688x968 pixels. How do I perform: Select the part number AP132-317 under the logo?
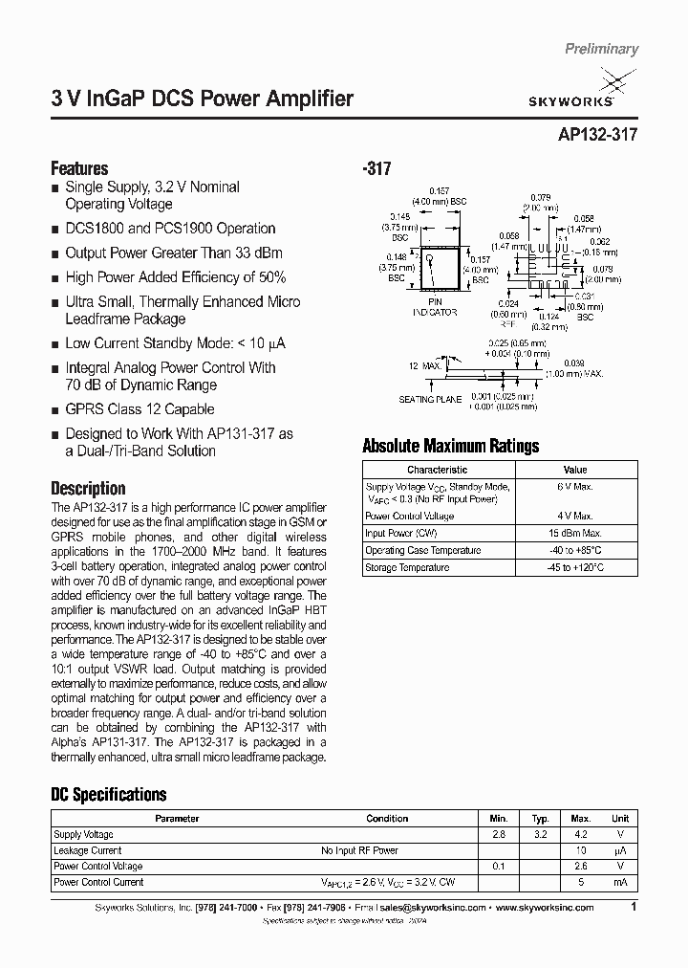tap(595, 136)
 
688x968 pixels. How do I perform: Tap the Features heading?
tap(79, 168)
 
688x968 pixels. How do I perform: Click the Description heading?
tap(88, 488)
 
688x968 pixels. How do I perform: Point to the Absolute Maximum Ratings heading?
tap(451, 446)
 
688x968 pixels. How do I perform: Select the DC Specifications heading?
tap(108, 794)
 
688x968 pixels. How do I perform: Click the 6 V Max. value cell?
tap(574, 486)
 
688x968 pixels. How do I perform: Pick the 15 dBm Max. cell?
tap(574, 532)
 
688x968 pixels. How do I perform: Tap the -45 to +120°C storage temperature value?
tap(574, 567)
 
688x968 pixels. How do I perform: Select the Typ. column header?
tap(540, 819)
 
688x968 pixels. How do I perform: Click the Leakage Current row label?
tap(88, 850)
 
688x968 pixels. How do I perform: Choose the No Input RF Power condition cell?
tap(359, 850)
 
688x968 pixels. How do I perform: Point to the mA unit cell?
tap(620, 882)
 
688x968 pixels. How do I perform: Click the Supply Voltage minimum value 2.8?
tap(499, 835)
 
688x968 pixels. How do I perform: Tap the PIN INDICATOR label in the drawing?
tap(435, 307)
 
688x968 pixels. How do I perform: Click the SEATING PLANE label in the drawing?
tap(402, 399)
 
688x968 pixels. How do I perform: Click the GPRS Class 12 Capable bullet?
tap(140, 409)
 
